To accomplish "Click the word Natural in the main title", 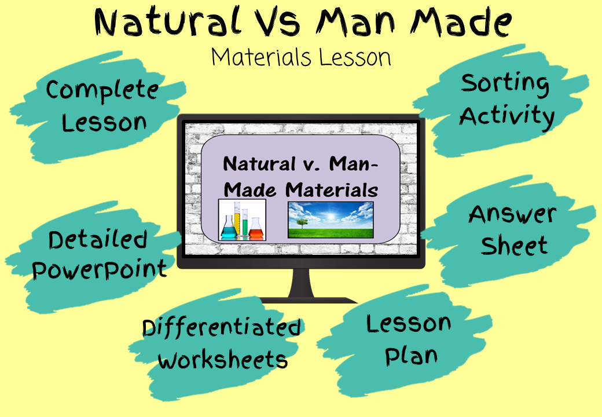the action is (167, 22).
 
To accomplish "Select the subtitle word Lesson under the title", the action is (355, 57).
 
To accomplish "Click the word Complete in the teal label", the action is (102, 91).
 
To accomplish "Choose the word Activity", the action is (507, 117).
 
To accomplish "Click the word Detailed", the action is (98, 240).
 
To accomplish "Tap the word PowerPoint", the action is (100, 269).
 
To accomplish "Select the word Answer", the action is (512, 214).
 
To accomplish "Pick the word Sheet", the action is (514, 246).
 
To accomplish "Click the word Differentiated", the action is (222, 328).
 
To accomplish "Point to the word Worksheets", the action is (222, 359).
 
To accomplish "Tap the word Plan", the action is (411, 356).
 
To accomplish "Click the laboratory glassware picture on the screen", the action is (243, 220).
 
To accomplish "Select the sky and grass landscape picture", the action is (331, 220).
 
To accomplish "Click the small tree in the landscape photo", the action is (302, 223).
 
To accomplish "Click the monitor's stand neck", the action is (301, 283).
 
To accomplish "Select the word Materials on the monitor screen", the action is (332, 190).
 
